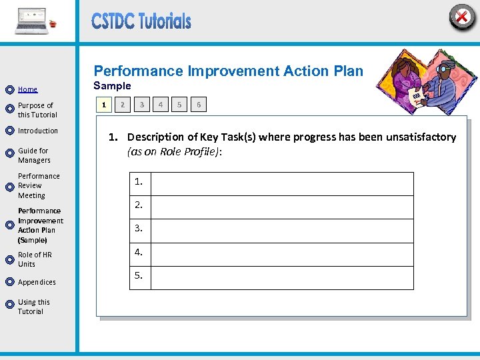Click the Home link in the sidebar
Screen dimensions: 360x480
27,89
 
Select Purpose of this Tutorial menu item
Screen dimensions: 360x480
37,110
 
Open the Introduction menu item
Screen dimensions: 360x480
38,131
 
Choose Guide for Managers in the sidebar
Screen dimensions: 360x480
33,155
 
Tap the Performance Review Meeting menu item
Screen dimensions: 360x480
39,186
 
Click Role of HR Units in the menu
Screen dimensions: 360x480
35,259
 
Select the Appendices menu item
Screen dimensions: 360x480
37,282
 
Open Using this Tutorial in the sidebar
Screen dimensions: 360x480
33,307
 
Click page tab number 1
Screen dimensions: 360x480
103,105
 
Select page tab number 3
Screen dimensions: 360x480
141,105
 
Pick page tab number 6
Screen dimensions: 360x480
199,105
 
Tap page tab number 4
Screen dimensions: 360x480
160,105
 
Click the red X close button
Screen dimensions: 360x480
461,17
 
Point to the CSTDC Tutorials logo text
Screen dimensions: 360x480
141,21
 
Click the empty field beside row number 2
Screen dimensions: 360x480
281,205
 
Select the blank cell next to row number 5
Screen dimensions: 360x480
281,276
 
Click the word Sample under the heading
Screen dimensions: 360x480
112,86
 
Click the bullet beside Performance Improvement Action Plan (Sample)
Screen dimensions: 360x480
9,225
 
